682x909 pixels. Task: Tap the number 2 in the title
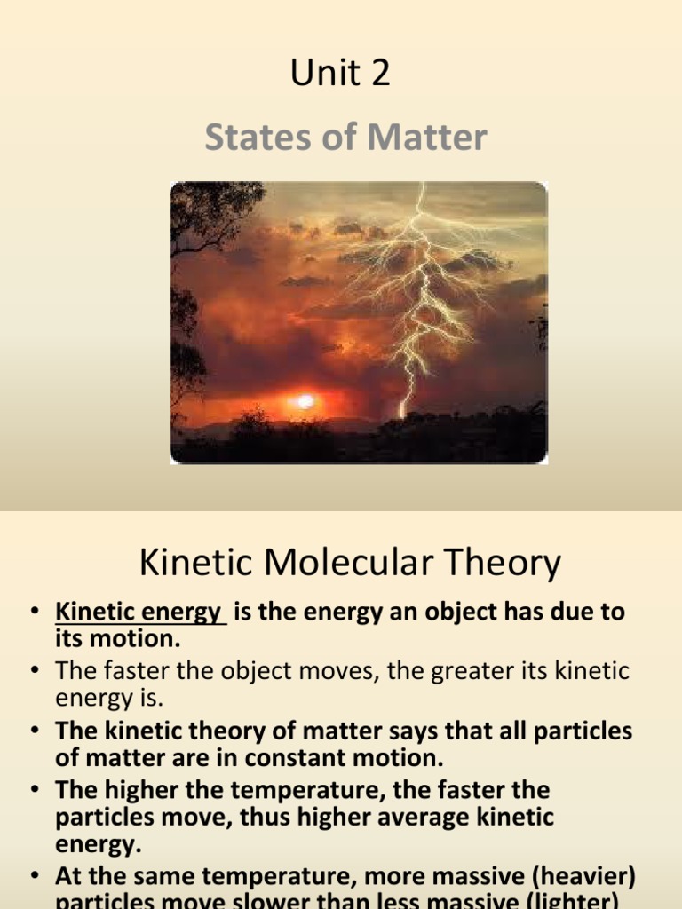[x=379, y=75]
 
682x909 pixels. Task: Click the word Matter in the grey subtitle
[x=423, y=138]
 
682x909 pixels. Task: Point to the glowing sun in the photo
[x=305, y=401]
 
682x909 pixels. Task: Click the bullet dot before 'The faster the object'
[x=35, y=672]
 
